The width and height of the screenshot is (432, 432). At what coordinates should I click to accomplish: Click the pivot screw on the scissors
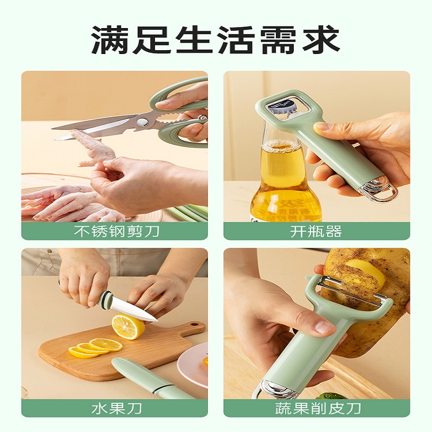(142, 122)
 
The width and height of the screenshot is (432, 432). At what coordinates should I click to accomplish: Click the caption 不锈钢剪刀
(117, 231)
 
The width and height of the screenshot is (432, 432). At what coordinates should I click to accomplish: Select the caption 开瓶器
(316, 231)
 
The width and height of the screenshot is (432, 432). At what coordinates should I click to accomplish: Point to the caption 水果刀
(117, 408)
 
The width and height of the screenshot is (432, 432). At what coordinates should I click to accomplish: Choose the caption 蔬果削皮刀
(318, 408)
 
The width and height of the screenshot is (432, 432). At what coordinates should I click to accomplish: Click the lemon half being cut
(128, 327)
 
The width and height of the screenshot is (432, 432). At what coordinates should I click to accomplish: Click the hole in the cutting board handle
(194, 323)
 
